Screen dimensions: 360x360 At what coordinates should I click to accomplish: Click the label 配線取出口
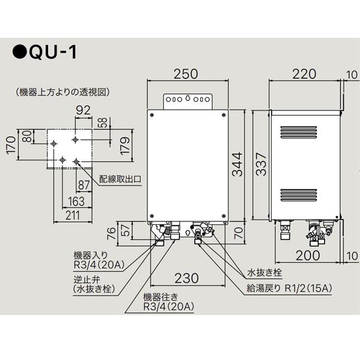[x=120, y=179]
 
